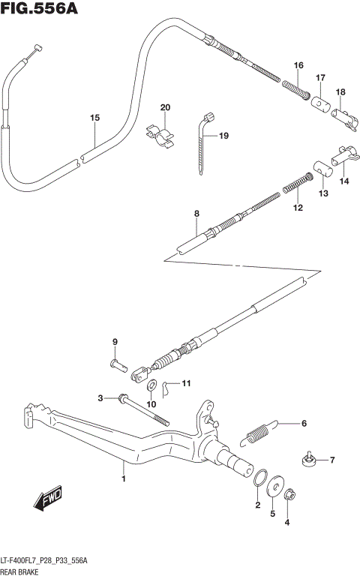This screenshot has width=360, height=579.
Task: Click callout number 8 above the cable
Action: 196,214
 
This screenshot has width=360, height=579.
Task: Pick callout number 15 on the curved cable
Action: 94,118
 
